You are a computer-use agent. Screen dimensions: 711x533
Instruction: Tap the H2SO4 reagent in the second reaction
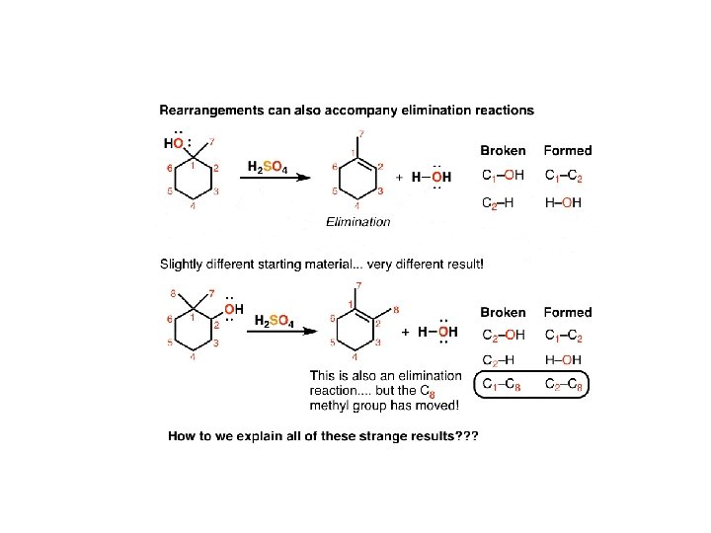pyautogui.click(x=274, y=322)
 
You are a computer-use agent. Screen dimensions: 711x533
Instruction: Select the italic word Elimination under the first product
pyautogui.click(x=357, y=222)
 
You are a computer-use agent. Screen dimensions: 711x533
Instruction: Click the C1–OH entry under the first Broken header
pyautogui.click(x=504, y=177)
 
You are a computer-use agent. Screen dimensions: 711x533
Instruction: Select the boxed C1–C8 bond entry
pyautogui.click(x=503, y=384)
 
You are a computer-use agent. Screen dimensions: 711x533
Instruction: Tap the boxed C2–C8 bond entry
pyautogui.click(x=568, y=384)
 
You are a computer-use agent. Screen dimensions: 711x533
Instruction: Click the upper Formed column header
pyautogui.click(x=568, y=151)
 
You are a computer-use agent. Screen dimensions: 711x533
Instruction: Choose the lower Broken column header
pyautogui.click(x=503, y=312)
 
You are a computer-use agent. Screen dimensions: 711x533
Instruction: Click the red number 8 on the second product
pyautogui.click(x=396, y=310)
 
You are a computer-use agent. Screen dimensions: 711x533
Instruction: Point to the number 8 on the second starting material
pyautogui.click(x=174, y=292)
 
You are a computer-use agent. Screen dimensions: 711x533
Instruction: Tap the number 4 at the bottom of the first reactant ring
pyautogui.click(x=193, y=206)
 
